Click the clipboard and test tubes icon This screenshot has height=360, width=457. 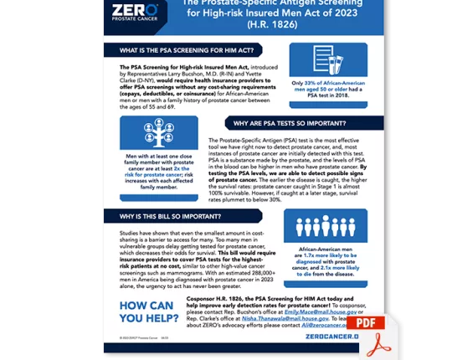[x=327, y=59]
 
